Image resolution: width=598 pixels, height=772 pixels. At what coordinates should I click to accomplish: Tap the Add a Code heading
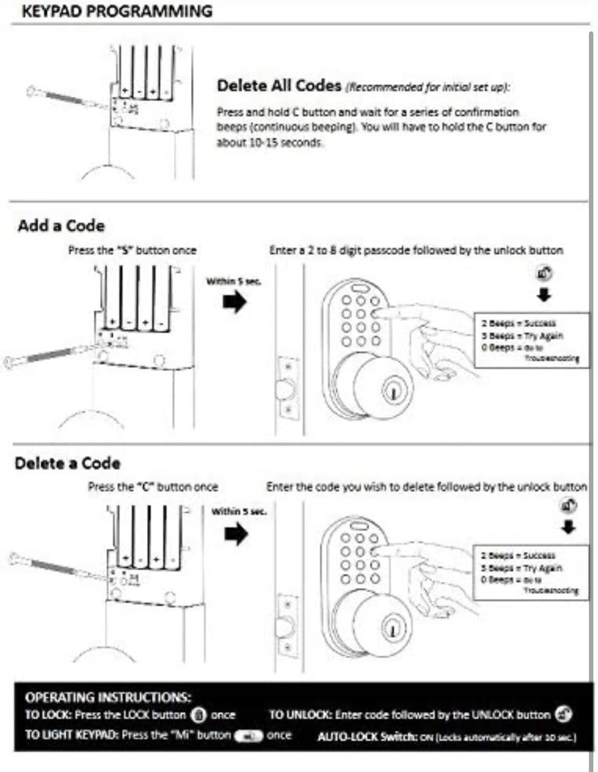point(61,226)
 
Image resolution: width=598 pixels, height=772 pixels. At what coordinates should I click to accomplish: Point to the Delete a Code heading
point(68,463)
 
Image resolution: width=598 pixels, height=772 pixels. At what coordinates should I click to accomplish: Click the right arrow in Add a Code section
point(235,302)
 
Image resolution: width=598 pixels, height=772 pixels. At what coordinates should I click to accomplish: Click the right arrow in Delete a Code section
point(235,535)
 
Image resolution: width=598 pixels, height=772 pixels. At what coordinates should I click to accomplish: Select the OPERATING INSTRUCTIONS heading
point(108,697)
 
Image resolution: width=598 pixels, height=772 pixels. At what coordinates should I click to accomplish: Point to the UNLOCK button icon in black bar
point(562,715)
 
